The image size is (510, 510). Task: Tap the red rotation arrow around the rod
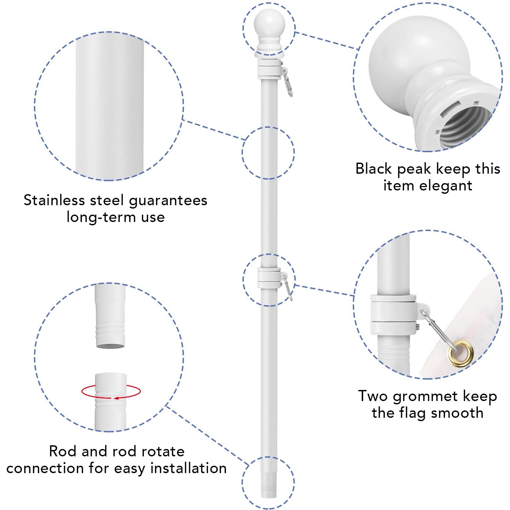111,392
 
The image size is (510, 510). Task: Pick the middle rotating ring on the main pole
269,278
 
